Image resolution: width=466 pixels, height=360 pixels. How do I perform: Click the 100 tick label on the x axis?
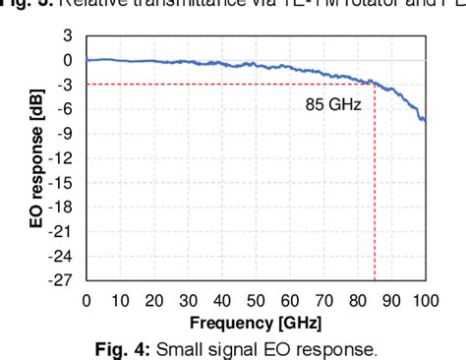pos(425,300)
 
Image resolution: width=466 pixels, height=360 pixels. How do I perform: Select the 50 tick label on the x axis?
pos(256,300)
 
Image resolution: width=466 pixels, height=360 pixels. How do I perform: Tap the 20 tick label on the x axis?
pos(154,300)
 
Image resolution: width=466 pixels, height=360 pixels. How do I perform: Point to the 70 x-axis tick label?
pos(323,300)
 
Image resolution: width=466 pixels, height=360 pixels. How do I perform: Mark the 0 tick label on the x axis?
pos(87,300)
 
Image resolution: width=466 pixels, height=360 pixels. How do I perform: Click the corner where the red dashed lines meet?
pos(375,85)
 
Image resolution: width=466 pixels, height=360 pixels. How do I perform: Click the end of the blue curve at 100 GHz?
pos(425,120)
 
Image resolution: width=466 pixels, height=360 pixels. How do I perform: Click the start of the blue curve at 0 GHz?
pos(87,60)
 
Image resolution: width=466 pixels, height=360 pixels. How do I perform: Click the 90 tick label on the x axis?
pos(391,300)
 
